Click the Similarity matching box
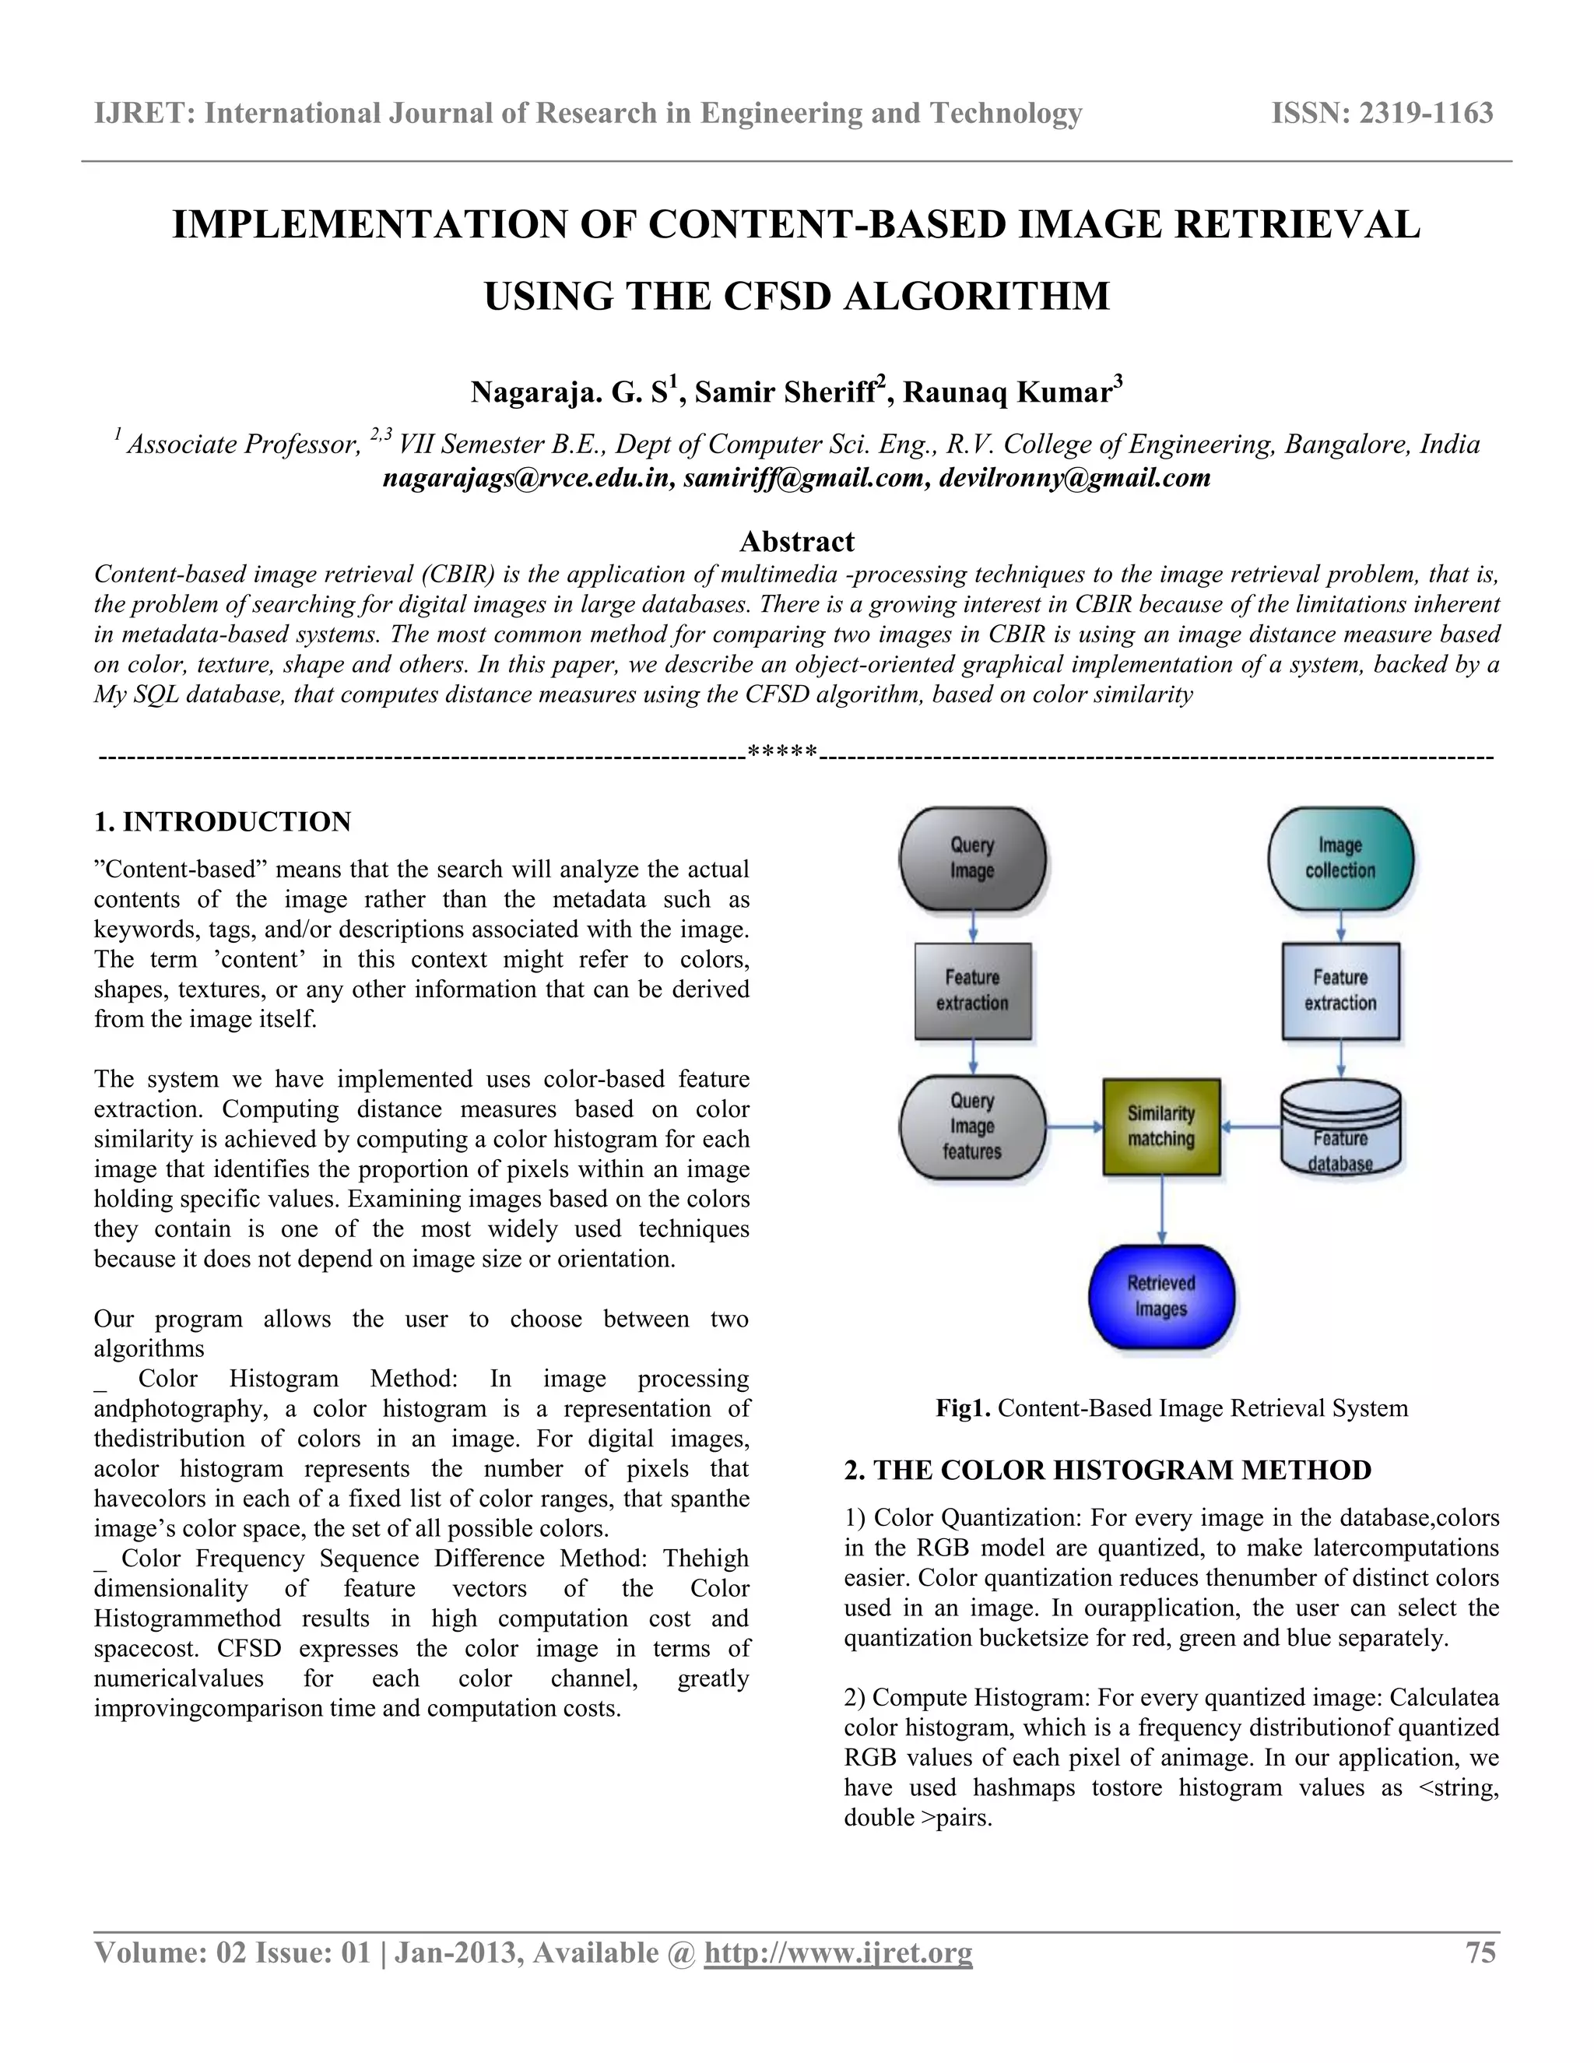point(1160,1126)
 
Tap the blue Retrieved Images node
point(1160,1296)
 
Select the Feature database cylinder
point(1340,1130)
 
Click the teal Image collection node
point(1340,858)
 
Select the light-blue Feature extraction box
point(1340,990)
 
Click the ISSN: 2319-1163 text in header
point(1382,114)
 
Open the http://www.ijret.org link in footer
point(837,1952)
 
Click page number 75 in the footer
point(1480,1952)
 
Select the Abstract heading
point(796,541)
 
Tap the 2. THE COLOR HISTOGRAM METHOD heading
point(1107,1470)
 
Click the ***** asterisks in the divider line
point(782,753)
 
